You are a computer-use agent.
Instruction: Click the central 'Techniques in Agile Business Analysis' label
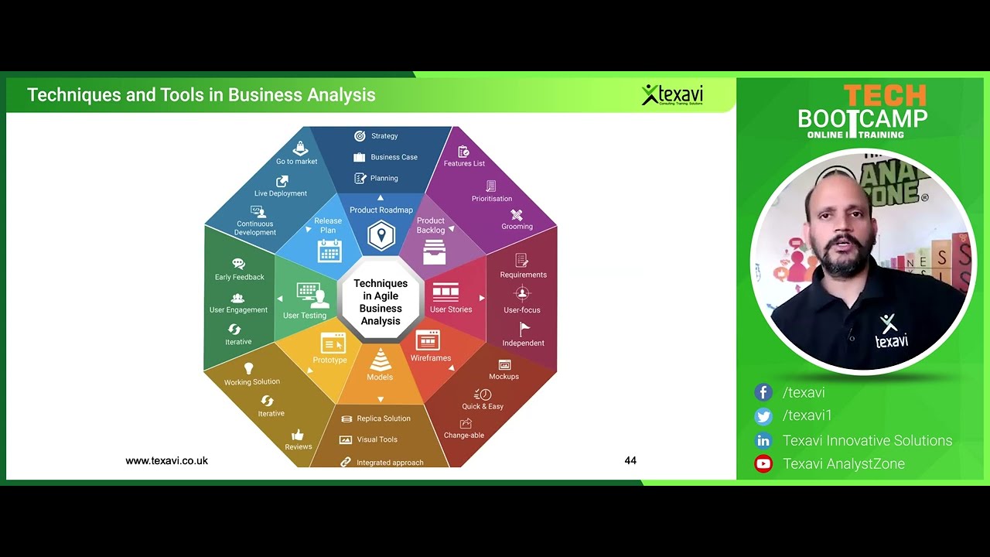point(381,302)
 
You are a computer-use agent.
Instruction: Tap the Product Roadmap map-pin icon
point(381,235)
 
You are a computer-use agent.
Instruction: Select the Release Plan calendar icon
point(329,251)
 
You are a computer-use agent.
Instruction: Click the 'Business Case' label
point(394,157)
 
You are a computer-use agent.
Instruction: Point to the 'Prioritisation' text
point(492,199)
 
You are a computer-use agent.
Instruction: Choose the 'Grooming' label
point(517,227)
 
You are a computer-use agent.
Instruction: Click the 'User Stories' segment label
point(451,309)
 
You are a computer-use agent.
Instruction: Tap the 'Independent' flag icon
point(524,329)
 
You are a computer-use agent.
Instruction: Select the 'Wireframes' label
point(431,358)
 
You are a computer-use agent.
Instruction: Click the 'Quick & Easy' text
point(483,406)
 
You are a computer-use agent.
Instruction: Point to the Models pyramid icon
point(380,360)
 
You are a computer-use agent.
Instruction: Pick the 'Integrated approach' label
point(390,463)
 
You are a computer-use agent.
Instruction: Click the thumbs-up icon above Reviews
point(298,435)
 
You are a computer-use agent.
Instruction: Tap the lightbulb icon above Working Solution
point(249,368)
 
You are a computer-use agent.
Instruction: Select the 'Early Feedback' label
point(240,277)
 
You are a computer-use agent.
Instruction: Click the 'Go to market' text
point(297,162)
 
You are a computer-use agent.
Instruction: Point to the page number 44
point(630,460)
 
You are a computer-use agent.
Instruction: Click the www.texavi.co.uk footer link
point(166,460)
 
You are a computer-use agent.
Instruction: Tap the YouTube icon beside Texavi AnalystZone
point(763,464)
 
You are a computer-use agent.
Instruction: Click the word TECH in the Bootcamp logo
point(884,96)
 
